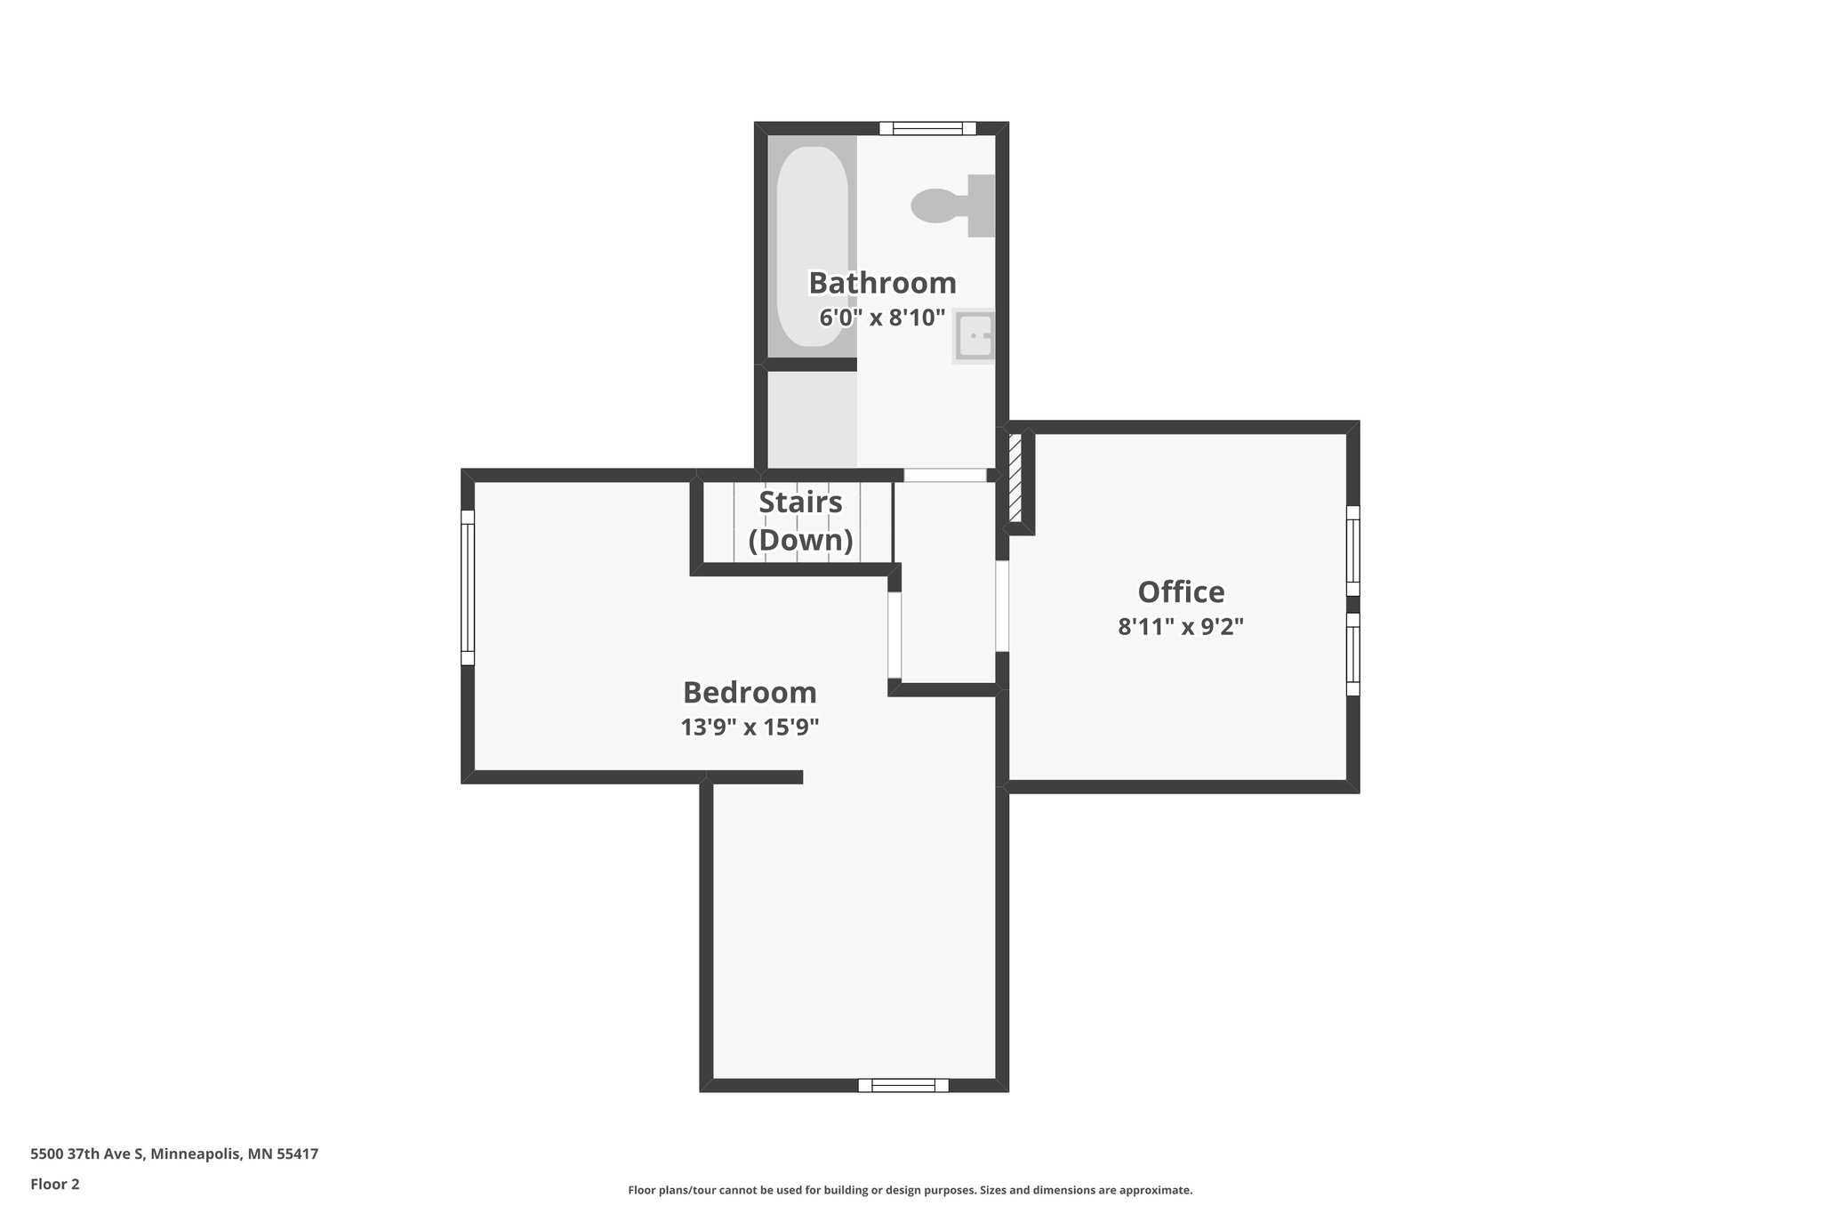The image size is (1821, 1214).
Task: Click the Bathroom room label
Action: [x=882, y=283]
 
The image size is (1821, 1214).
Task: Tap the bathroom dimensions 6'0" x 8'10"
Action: [x=882, y=318]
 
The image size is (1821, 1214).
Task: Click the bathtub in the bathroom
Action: [x=812, y=245]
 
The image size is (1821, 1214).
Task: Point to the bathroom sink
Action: [x=975, y=336]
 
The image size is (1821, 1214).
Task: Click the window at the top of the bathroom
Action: [x=927, y=129]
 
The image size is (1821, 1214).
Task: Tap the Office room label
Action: [x=1181, y=591]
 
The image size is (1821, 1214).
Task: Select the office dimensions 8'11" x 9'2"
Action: [x=1181, y=627]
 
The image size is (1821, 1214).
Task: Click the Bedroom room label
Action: [x=750, y=692]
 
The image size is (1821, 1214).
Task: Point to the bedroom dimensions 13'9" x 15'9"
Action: [x=750, y=728]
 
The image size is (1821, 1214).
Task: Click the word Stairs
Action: [x=800, y=502]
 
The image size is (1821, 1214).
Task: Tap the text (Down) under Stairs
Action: [x=800, y=540]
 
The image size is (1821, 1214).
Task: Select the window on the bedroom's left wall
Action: [x=468, y=587]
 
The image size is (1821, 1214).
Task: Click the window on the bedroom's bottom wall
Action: [x=903, y=1085]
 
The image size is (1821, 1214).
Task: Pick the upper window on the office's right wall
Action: [x=1352, y=550]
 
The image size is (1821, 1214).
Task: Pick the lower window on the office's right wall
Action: [x=1352, y=654]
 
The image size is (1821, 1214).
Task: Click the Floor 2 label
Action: [x=55, y=1185]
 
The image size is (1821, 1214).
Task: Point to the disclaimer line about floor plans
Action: [x=910, y=1190]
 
